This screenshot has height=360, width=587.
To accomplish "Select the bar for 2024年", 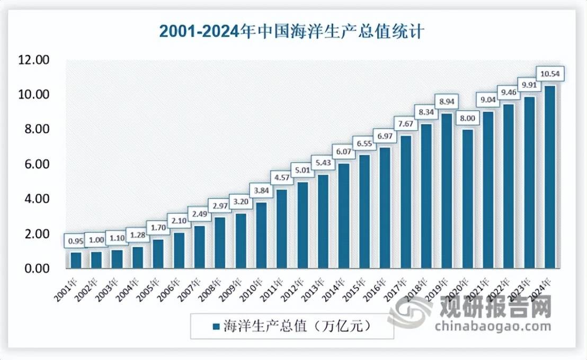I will point(550,177).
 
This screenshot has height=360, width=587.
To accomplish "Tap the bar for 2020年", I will point(467,199).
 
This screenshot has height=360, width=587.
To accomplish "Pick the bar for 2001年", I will point(76,260).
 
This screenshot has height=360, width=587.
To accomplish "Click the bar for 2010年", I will point(261,235).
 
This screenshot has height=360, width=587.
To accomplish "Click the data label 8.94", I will point(447,101).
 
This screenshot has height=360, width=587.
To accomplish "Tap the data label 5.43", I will point(323,177).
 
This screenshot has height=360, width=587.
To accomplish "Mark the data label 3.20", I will point(241,202).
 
